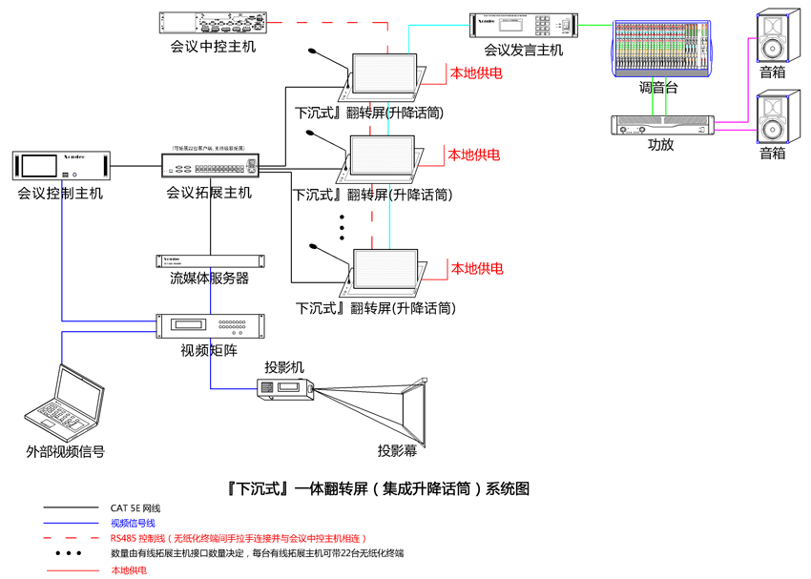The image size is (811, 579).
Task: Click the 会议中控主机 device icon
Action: point(212,22)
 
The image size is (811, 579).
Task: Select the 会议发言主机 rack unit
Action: point(523,25)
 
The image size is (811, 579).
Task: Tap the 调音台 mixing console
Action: point(660,49)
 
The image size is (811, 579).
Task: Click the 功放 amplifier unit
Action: point(661,125)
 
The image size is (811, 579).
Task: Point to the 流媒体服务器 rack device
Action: point(210,260)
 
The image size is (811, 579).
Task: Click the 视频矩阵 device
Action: point(210,326)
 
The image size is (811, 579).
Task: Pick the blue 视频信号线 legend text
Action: point(132,523)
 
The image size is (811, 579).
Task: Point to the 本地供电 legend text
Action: point(130,570)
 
